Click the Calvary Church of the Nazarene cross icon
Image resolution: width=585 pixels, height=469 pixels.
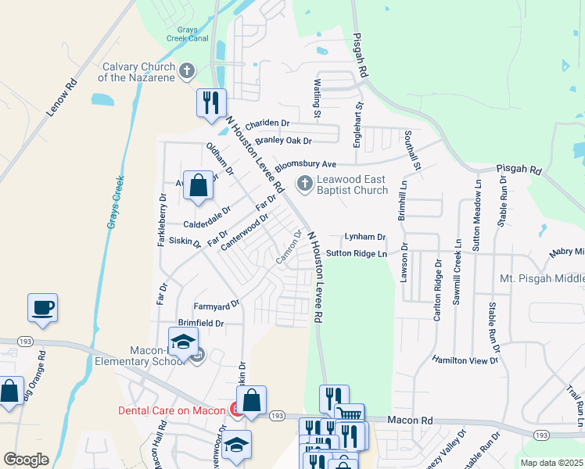(x=186, y=72)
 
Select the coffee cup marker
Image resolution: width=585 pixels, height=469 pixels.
(x=42, y=307)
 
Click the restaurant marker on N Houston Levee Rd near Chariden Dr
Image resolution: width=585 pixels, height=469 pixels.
(x=210, y=103)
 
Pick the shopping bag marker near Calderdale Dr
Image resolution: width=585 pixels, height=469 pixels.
(x=199, y=186)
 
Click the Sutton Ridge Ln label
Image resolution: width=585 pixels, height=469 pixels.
(x=357, y=253)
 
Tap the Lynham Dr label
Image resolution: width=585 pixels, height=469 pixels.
(x=366, y=237)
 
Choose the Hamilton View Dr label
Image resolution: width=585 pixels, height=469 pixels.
(x=465, y=360)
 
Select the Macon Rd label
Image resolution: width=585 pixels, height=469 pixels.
(x=411, y=421)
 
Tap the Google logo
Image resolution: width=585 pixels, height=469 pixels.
(x=26, y=460)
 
